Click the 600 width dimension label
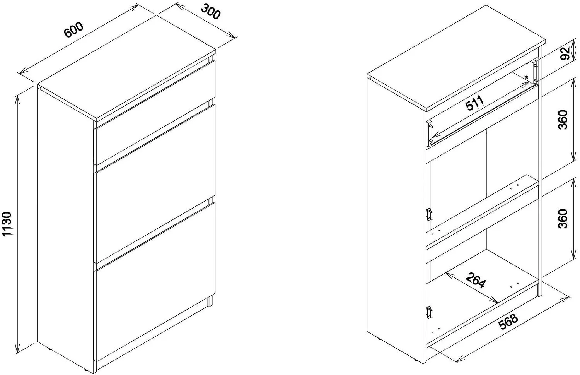click(74, 30)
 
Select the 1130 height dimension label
click(7, 224)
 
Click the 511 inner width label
click(474, 103)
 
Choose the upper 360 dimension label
click(563, 120)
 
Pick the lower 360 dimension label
click(563, 219)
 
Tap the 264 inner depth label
click(475, 281)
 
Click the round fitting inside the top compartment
click(526, 77)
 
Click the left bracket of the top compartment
click(430, 133)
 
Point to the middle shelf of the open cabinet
click(482, 210)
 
